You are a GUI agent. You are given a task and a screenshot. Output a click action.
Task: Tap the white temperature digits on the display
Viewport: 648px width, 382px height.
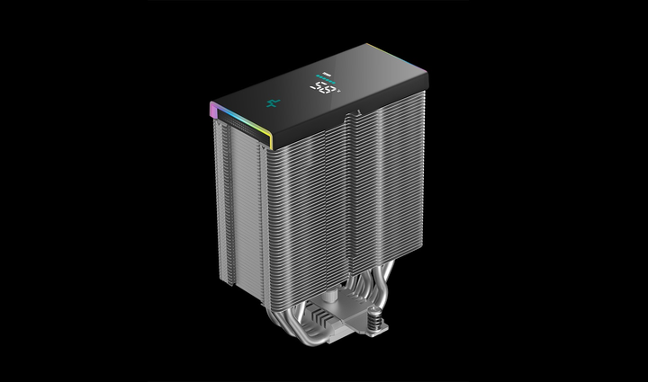click(x=325, y=89)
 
